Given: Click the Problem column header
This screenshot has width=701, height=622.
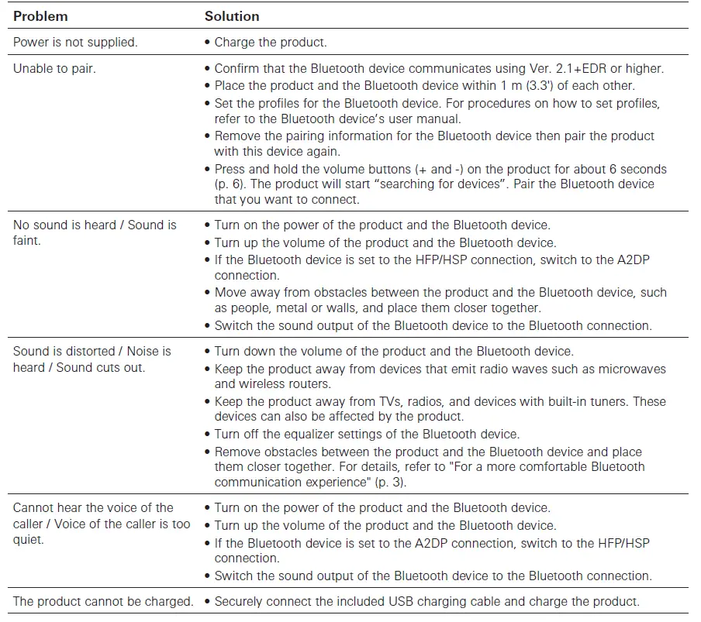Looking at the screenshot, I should tap(40, 16).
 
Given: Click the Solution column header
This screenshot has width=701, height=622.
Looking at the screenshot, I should tap(232, 16).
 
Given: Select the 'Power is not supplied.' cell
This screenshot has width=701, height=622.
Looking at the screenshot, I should tap(75, 43).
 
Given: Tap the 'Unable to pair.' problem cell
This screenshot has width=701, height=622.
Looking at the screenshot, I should tap(55, 68).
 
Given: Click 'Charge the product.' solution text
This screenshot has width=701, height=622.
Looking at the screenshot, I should tap(270, 43).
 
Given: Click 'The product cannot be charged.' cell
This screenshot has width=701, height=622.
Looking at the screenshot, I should tap(103, 601).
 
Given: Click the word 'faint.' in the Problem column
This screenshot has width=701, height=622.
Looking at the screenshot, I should tap(27, 241).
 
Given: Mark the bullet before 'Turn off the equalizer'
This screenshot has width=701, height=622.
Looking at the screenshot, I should tap(208, 434).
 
